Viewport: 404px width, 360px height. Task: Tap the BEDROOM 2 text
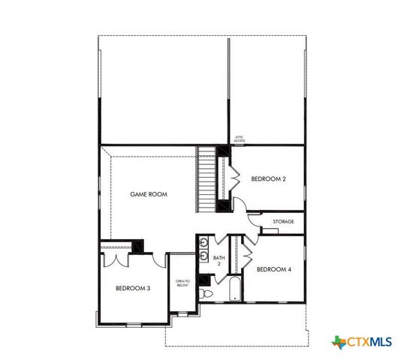268,178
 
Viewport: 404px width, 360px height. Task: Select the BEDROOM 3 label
133,288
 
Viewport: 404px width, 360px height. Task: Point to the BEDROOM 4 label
273,269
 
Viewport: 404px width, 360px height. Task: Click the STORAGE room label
283,222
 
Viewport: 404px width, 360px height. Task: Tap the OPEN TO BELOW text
182,283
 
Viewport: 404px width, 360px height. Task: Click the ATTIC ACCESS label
240,138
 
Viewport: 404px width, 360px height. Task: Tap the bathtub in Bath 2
234,289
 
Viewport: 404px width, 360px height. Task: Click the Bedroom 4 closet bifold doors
246,256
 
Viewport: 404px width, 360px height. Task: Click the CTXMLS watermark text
369,342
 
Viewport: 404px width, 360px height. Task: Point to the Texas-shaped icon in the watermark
337,342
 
